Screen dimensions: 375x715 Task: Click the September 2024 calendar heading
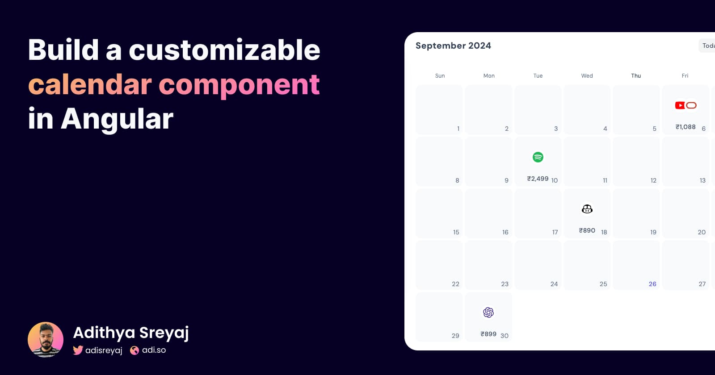click(x=453, y=46)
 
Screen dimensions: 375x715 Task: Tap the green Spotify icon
click(x=538, y=157)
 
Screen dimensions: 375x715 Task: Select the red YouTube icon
click(x=680, y=105)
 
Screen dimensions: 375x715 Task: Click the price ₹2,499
click(x=538, y=179)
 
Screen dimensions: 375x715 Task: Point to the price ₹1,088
click(x=686, y=127)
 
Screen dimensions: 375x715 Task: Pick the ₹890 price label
click(x=587, y=230)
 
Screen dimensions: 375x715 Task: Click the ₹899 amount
click(x=488, y=334)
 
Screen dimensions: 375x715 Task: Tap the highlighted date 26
click(x=652, y=284)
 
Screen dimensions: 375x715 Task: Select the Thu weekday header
click(x=636, y=76)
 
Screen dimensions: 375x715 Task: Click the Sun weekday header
click(x=440, y=76)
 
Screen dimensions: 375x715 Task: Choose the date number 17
click(x=555, y=232)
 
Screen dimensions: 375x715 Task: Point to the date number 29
click(x=455, y=336)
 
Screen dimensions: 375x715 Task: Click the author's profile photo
click(x=46, y=340)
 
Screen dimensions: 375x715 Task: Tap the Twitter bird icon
click(x=78, y=350)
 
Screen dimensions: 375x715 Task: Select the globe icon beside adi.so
click(x=135, y=350)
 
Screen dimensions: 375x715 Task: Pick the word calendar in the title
click(x=90, y=84)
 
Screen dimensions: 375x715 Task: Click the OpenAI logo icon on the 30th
click(x=488, y=312)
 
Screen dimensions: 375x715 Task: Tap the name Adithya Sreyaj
click(x=131, y=333)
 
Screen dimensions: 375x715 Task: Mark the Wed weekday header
click(x=587, y=76)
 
